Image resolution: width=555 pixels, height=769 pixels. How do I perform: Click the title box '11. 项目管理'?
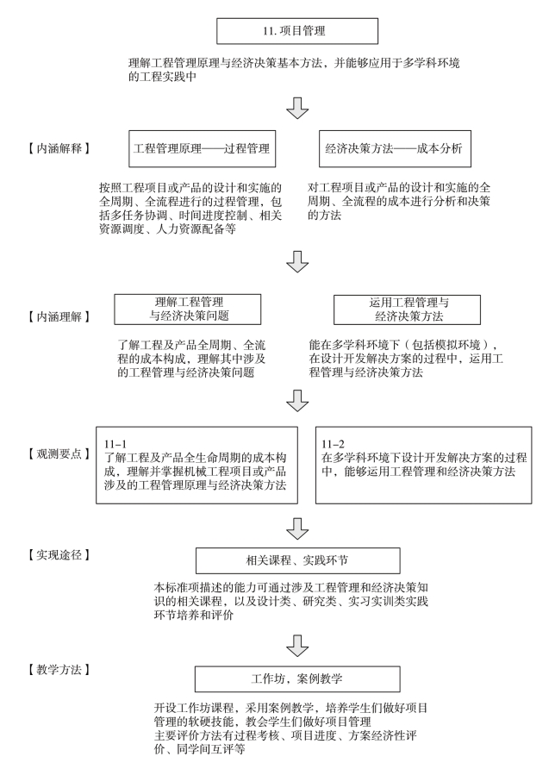(297, 31)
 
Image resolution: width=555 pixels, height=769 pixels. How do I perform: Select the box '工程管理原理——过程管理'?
(202, 148)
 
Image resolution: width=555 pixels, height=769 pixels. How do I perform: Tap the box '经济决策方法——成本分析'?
(395, 148)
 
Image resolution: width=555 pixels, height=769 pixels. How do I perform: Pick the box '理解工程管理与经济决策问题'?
(188, 309)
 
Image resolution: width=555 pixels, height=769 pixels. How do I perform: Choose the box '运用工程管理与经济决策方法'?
(407, 309)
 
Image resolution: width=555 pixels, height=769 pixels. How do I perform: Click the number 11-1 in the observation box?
(115, 444)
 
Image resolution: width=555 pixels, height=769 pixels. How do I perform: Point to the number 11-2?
(333, 444)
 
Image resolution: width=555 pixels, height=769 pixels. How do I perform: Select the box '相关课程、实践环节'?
(297, 560)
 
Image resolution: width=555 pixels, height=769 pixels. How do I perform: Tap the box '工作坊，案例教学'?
(297, 678)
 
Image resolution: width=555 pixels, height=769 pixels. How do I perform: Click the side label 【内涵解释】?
(59, 148)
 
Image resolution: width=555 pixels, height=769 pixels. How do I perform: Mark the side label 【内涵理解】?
(59, 316)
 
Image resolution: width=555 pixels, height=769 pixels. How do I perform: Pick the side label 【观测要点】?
(59, 453)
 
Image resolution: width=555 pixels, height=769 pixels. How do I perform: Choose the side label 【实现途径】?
(59, 554)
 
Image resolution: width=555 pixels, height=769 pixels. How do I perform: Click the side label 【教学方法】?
(59, 670)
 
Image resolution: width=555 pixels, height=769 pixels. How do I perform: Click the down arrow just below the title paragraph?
(297, 108)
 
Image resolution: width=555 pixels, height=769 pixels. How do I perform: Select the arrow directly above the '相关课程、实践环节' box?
(297, 528)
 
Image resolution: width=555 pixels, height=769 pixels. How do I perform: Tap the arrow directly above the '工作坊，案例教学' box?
(297, 646)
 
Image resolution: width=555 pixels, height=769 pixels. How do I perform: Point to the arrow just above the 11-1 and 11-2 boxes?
(297, 401)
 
